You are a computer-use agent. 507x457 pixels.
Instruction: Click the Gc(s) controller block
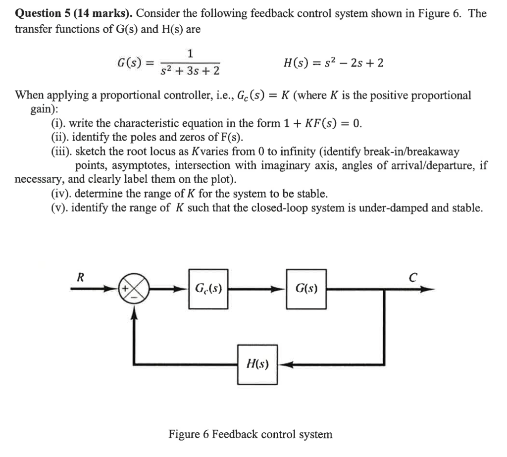point(208,289)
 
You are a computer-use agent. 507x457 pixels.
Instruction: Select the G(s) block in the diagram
point(306,289)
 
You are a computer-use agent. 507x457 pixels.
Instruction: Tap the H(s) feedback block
point(257,364)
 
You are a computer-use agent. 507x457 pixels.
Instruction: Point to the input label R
point(80,277)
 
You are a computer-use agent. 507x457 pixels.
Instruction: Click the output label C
point(413,277)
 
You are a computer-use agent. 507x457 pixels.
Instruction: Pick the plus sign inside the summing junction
point(124,289)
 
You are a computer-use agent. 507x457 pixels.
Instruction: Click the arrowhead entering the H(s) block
point(285,365)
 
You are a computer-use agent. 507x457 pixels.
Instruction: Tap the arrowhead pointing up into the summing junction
point(134,311)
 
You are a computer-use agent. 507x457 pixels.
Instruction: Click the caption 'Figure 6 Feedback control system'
point(250,434)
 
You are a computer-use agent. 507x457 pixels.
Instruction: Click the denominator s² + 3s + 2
point(190,71)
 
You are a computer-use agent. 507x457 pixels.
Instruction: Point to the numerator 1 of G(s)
point(190,53)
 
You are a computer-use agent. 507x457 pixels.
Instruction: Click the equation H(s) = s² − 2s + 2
point(333,63)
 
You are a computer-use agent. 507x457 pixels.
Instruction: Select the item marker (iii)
point(61,152)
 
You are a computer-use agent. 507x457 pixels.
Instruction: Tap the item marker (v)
point(59,207)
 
